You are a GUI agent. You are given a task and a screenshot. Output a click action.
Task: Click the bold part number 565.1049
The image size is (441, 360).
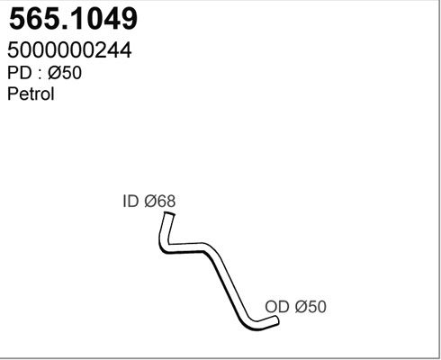(73, 19)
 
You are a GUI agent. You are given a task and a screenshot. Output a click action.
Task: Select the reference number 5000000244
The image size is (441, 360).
(69, 50)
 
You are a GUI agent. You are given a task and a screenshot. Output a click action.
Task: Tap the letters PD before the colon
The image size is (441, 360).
(20, 73)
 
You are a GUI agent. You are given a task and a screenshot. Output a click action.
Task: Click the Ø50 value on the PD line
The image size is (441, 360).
(65, 73)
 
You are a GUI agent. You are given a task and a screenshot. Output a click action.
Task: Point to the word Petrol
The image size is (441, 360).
(31, 94)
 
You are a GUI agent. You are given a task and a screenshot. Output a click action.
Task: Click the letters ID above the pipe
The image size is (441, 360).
(130, 201)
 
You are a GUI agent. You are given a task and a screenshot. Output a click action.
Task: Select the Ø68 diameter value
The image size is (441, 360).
(160, 201)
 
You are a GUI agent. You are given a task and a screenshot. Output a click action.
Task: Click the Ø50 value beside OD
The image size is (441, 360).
(310, 307)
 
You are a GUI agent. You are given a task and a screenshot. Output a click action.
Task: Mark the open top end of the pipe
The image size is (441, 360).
(169, 214)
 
